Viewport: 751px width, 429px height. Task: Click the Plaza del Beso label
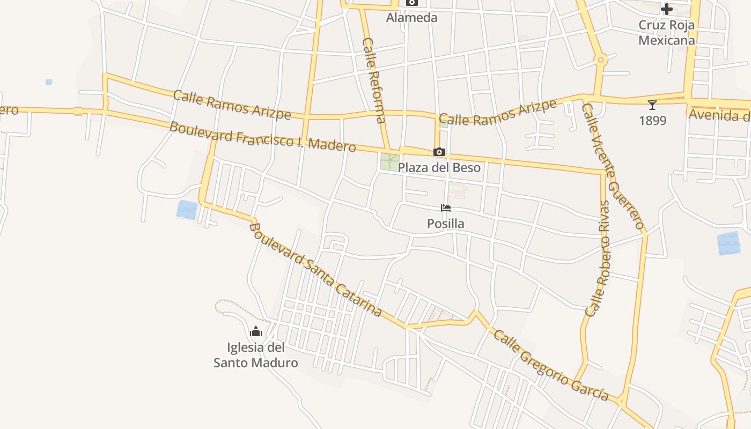click(x=439, y=167)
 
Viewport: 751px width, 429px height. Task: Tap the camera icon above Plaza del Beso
click(x=439, y=152)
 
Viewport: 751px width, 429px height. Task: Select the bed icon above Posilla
click(x=445, y=208)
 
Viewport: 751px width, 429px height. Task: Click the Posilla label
click(x=445, y=223)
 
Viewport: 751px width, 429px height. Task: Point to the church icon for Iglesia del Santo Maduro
click(x=256, y=332)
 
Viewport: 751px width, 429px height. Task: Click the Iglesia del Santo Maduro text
click(x=256, y=355)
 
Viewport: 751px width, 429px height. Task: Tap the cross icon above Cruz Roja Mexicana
click(x=666, y=9)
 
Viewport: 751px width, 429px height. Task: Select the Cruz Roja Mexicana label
click(x=666, y=33)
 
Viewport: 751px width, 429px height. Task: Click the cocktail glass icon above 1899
click(x=652, y=105)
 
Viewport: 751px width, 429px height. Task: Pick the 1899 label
click(x=652, y=121)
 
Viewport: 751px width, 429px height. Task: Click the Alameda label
click(x=412, y=18)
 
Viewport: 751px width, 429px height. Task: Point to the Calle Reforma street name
click(x=374, y=80)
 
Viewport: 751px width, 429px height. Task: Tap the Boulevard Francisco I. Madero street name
click(x=262, y=136)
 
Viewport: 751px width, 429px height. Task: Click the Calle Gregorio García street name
click(x=551, y=366)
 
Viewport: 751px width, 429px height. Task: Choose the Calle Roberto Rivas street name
click(x=598, y=258)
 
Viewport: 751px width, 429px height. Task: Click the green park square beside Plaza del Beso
click(x=389, y=162)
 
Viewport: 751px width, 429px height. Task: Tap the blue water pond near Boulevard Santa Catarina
click(x=187, y=209)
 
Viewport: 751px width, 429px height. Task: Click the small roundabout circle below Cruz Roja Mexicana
click(x=601, y=60)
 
